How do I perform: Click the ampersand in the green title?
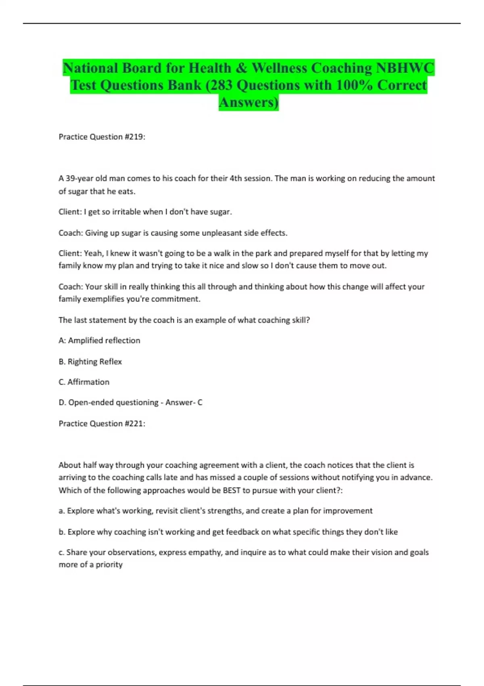(241, 68)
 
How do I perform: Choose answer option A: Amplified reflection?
(100, 341)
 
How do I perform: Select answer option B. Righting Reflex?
(90, 362)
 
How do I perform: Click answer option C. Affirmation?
(84, 382)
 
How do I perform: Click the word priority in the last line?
(109, 565)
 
